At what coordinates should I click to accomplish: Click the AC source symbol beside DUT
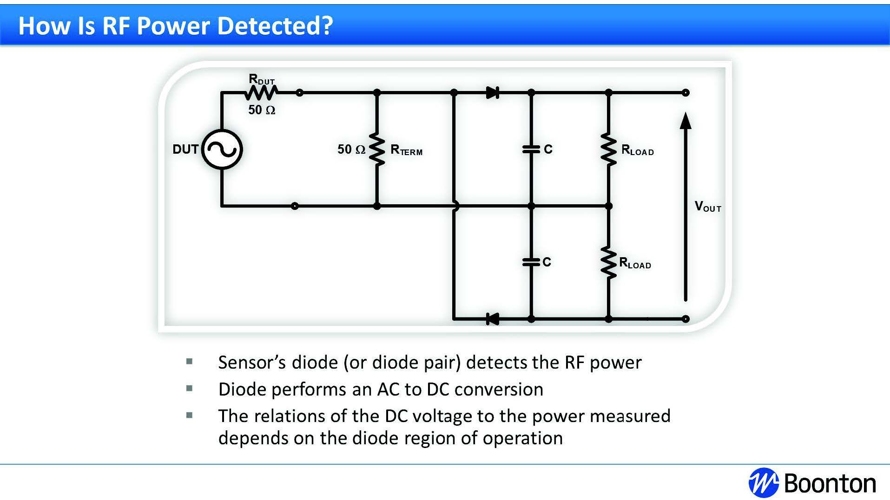coord(222,149)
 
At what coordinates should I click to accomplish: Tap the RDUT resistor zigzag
coord(261,93)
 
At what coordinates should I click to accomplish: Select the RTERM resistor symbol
coord(377,149)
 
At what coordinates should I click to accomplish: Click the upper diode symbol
coord(492,93)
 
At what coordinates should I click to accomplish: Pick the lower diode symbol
coord(492,319)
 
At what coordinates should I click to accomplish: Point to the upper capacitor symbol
coord(531,149)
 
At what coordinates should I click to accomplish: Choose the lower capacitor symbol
coord(531,262)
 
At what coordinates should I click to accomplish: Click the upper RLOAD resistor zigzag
coord(608,149)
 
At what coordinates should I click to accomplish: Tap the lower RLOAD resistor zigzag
coord(608,262)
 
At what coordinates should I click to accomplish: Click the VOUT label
coord(707,207)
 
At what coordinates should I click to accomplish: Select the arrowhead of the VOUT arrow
coord(685,121)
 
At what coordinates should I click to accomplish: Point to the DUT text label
coord(185,149)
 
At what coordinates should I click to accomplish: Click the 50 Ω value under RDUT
coord(262,110)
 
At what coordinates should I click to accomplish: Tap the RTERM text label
coord(406,150)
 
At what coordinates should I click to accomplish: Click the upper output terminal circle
coord(686,93)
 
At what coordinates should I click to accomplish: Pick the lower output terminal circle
coord(686,319)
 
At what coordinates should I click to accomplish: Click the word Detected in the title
coord(275,26)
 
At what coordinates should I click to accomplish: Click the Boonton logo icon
coord(763,483)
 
